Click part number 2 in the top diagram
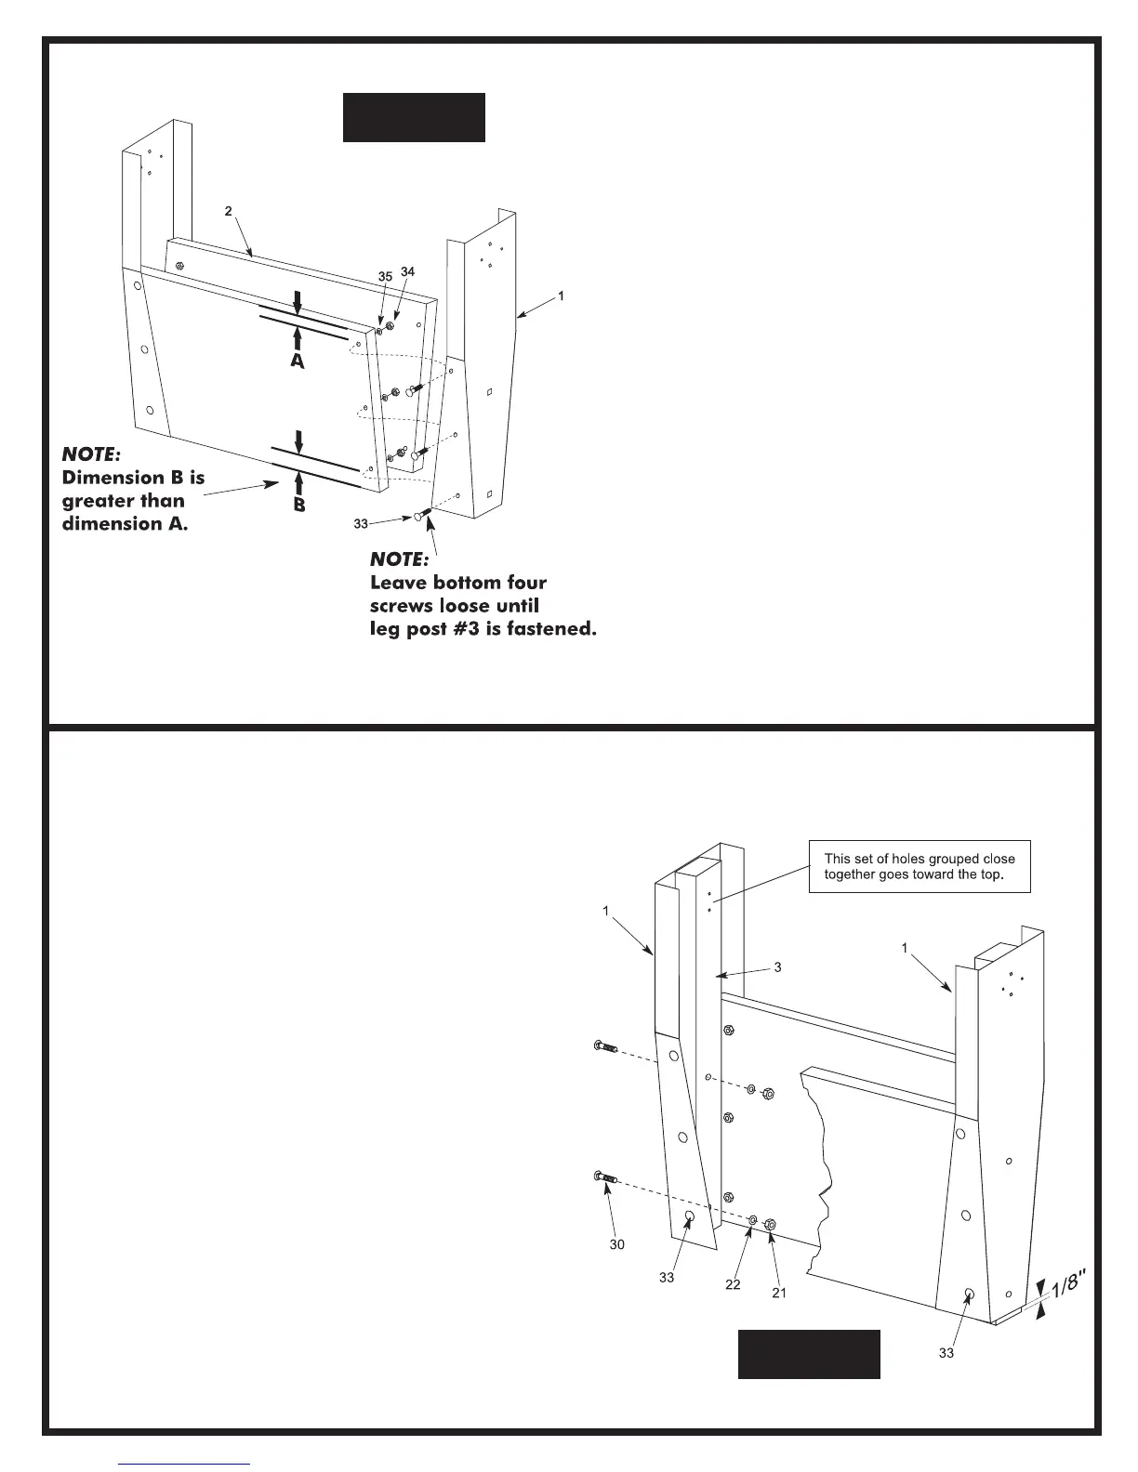(229, 211)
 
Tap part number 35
(385, 277)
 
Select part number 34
(407, 271)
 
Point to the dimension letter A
(297, 361)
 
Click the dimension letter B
(299, 506)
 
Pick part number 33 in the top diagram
(362, 524)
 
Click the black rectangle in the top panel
(414, 117)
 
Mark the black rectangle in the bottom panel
(809, 1354)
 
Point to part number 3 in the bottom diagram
(777, 967)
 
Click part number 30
(617, 1243)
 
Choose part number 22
(733, 1284)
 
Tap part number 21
(779, 1293)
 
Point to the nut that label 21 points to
(770, 1226)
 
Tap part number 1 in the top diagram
(561, 296)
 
